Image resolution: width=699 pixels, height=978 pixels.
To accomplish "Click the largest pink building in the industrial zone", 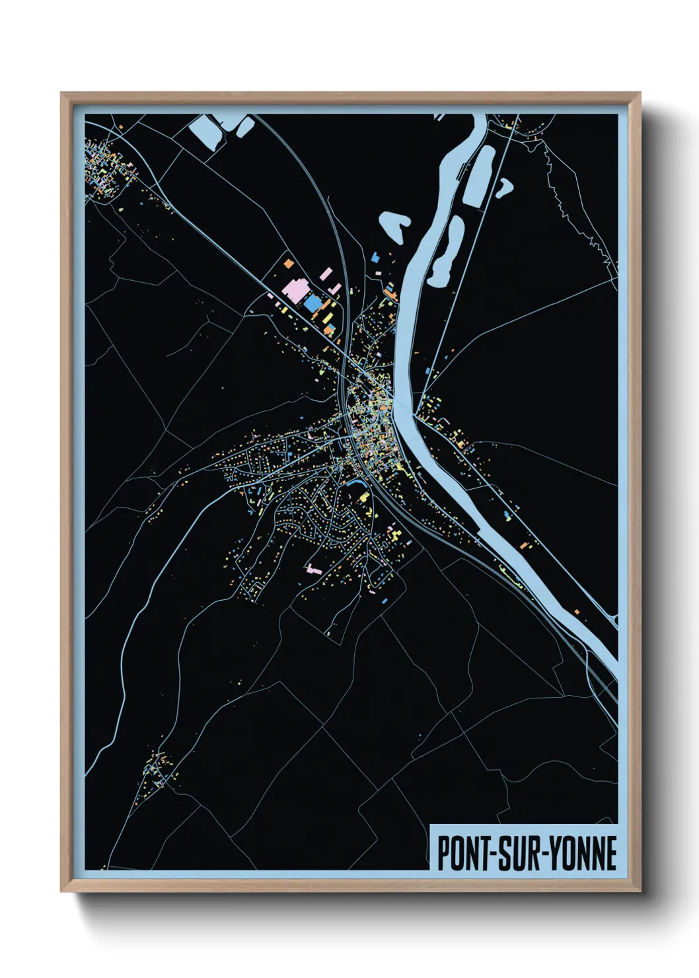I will pos(295,289).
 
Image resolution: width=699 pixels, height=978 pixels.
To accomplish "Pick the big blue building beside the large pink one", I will pos(312,303).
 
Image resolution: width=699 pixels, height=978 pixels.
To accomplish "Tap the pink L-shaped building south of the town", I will pos(313,568).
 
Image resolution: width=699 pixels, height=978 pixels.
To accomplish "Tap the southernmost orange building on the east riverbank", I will pos(576,612).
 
